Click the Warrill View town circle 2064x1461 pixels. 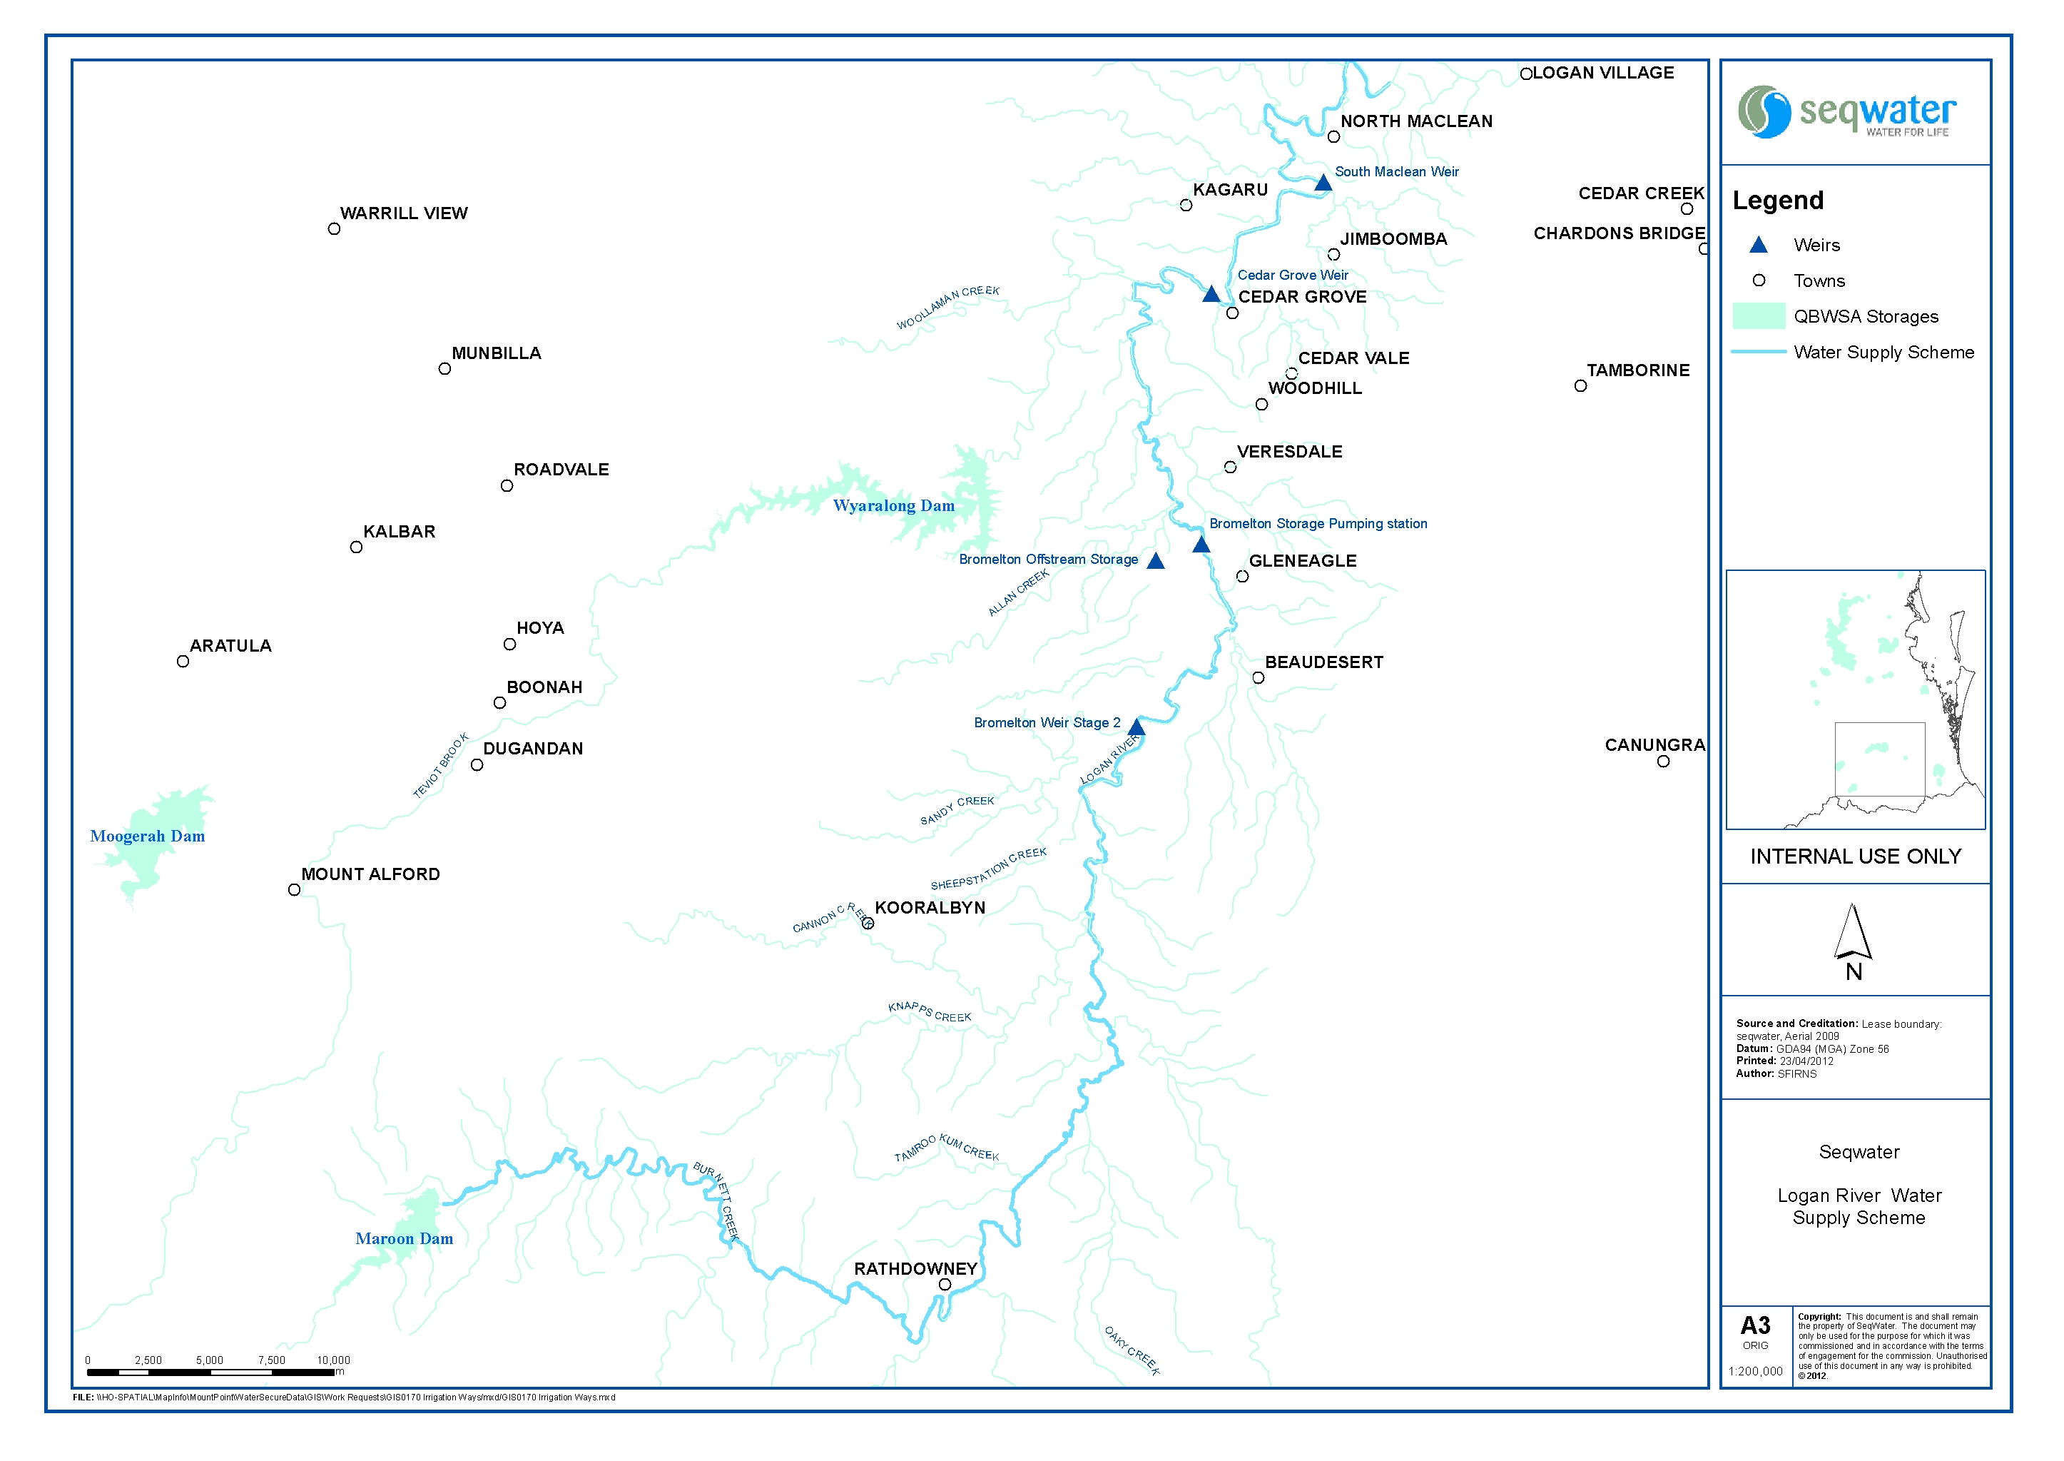point(334,229)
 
